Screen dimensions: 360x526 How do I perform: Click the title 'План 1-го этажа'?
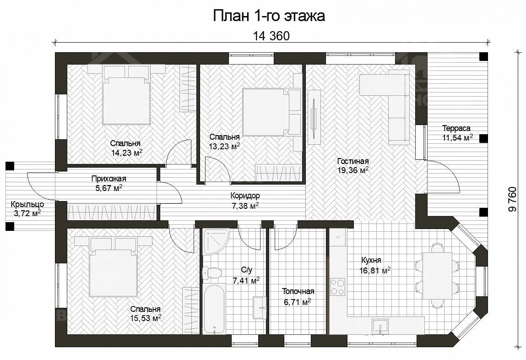[269, 16]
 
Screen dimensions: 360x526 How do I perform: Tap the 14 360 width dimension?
[271, 36]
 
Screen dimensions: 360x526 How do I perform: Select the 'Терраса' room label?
[456, 128]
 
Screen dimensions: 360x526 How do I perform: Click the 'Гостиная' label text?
[352, 161]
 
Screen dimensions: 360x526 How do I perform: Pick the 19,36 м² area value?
[352, 170]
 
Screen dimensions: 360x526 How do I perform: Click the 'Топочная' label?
[298, 292]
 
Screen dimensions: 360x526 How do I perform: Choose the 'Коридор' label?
[245, 195]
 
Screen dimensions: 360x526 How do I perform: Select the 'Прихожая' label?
[108, 179]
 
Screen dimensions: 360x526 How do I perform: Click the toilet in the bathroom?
[212, 272]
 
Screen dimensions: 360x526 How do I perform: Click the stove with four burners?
[337, 287]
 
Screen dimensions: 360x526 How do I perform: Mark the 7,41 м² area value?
[246, 280]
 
